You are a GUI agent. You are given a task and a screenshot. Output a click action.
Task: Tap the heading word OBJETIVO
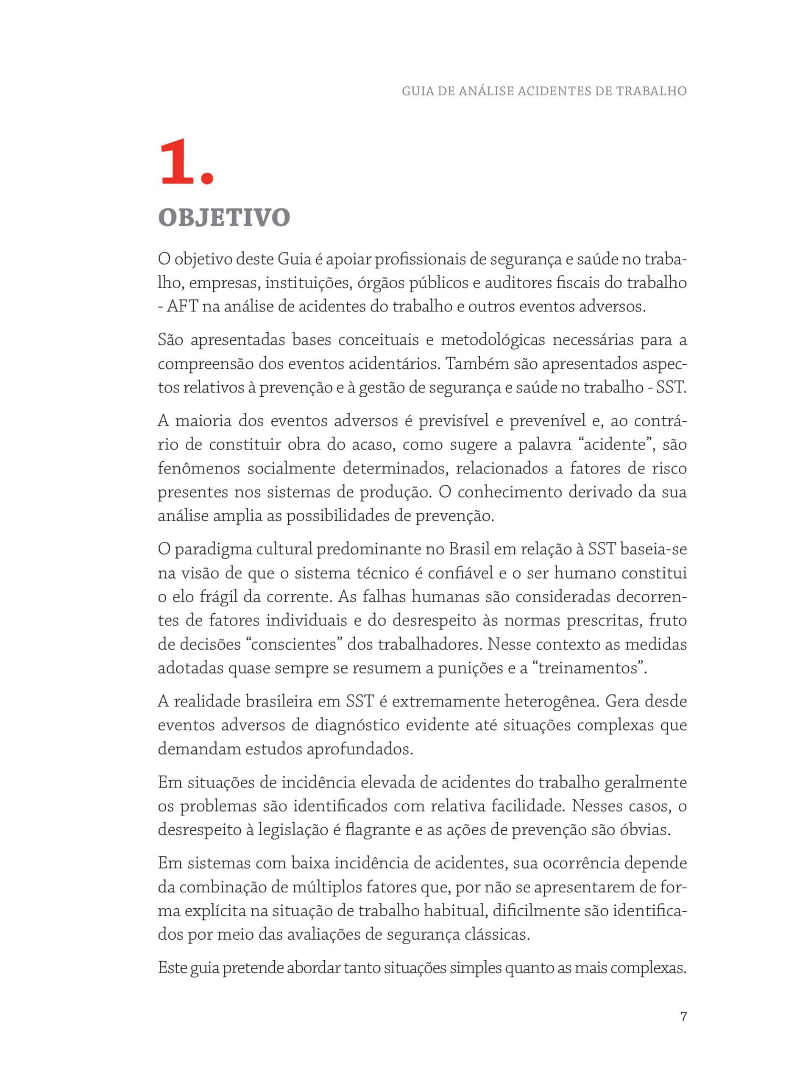[x=224, y=217]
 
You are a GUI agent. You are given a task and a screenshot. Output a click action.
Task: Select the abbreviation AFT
[x=182, y=306]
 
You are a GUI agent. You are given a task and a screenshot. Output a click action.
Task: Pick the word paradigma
[x=214, y=549]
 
